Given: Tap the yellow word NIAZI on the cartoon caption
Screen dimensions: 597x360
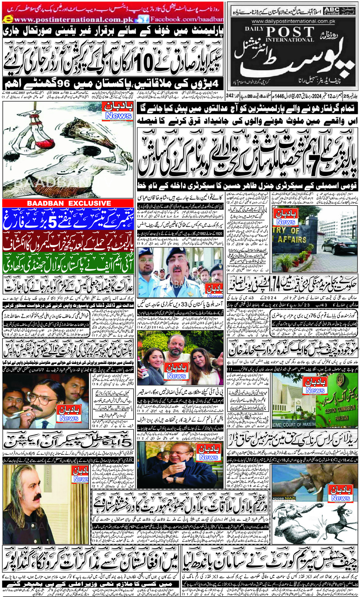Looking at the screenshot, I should (x=290, y=498).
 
